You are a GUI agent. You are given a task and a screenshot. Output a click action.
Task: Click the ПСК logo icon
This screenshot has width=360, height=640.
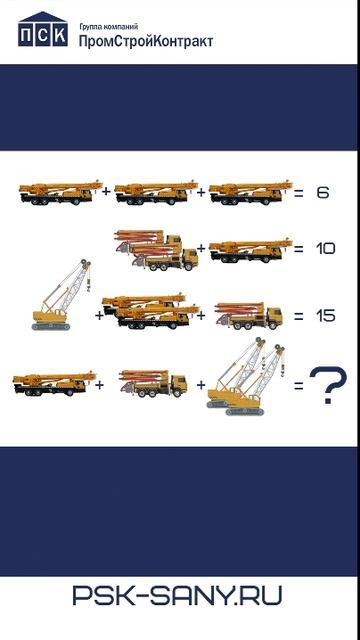click(x=43, y=29)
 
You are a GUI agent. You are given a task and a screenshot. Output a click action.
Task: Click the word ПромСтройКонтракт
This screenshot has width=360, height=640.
click(x=146, y=41)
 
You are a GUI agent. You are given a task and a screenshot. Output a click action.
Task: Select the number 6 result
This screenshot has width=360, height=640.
click(x=322, y=192)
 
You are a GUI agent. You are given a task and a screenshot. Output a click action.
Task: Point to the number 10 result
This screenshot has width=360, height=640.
click(x=325, y=248)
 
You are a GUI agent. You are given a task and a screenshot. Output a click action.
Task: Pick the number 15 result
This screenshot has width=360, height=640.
click(x=325, y=316)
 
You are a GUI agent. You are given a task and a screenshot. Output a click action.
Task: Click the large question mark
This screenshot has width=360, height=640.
click(x=328, y=385)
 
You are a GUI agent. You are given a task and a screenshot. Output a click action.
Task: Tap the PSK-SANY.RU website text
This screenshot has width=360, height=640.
click(x=177, y=595)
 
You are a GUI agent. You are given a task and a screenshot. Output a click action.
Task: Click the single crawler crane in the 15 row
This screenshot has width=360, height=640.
click(x=61, y=294)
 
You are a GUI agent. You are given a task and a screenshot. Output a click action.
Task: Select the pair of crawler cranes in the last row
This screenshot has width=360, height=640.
click(x=246, y=376)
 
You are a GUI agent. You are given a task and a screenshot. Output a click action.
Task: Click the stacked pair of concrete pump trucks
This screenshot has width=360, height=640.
click(x=157, y=251)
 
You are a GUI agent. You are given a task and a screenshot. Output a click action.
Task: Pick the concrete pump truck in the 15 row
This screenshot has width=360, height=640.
click(x=249, y=316)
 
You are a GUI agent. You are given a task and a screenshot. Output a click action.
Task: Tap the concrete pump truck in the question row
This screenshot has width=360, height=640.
click(x=153, y=383)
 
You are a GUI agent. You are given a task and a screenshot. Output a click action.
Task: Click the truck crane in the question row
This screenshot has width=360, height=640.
click(x=54, y=383)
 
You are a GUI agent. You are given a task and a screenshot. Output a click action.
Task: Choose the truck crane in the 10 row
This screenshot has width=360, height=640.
click(x=251, y=250)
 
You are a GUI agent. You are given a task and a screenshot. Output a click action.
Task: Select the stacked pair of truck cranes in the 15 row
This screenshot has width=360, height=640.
click(x=150, y=311)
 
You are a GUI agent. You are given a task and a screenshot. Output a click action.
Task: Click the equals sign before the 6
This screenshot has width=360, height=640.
click(x=299, y=193)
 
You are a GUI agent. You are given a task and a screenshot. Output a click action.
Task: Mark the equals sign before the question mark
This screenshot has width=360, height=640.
click(x=299, y=385)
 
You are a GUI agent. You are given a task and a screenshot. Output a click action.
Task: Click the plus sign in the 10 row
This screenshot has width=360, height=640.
click(x=201, y=248)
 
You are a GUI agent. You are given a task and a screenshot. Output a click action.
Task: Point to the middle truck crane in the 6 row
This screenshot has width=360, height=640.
click(x=156, y=192)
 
